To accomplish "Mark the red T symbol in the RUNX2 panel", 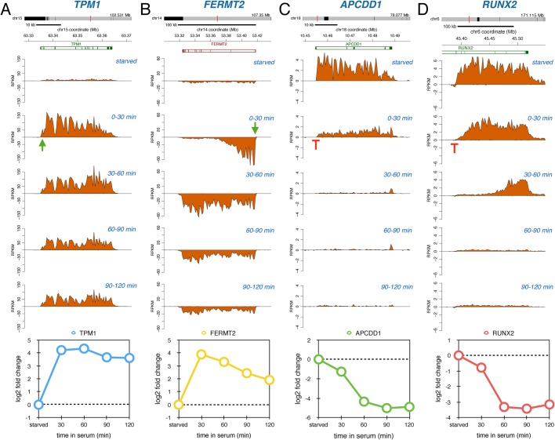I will (455, 145).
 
